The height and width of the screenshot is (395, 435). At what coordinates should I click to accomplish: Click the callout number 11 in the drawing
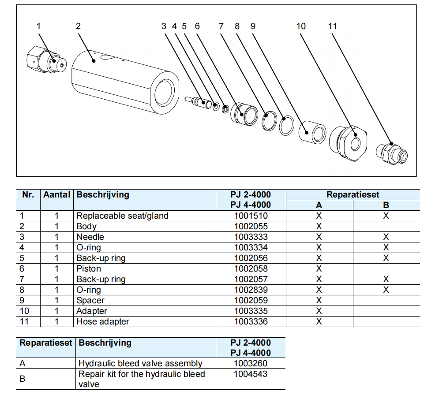pos(333,26)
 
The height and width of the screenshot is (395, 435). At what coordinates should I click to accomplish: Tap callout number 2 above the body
pos(78,26)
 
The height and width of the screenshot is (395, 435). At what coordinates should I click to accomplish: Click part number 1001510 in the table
pos(251,216)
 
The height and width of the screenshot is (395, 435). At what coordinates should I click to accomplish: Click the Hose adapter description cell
pos(103,322)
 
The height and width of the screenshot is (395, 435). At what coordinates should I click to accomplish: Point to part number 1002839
pos(251,290)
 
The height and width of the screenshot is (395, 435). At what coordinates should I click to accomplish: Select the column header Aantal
pos(56,195)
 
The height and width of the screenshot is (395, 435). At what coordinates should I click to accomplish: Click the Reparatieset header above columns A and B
pos(352,195)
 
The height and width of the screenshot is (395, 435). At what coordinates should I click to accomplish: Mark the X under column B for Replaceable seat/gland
pos(386,216)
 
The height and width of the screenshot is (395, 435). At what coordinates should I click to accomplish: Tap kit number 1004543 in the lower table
pos(251,374)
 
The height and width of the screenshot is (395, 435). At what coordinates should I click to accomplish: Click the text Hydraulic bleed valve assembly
pos(140,364)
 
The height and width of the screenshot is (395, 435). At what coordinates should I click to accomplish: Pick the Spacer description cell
pos(90,301)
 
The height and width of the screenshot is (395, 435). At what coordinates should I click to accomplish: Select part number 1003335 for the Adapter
pos(251,311)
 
